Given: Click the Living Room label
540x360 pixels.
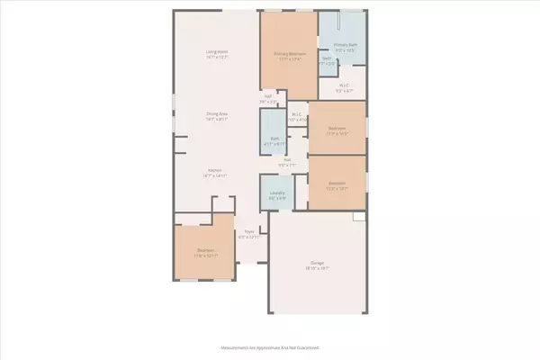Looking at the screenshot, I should pyautogui.click(x=217, y=54).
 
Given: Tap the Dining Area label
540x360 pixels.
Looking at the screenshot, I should pyautogui.click(x=217, y=114).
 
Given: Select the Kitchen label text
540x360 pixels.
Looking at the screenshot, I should pyautogui.click(x=216, y=169).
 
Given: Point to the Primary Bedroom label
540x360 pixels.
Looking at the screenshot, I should pyautogui.click(x=290, y=55).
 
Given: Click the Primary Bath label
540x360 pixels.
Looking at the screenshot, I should pyautogui.click(x=346, y=44).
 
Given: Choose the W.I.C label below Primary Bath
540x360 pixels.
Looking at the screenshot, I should pyautogui.click(x=343, y=86).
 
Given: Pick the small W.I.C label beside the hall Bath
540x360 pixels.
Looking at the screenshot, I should pyautogui.click(x=296, y=114).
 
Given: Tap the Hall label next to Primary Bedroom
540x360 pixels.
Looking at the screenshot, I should pyautogui.click(x=268, y=97).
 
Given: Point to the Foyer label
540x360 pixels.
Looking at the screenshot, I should pyautogui.click(x=251, y=232).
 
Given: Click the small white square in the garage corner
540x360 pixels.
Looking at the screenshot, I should pyautogui.click(x=359, y=217).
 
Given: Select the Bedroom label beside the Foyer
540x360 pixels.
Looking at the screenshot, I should pyautogui.click(x=205, y=253).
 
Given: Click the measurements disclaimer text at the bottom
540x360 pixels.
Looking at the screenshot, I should pyautogui.click(x=270, y=346).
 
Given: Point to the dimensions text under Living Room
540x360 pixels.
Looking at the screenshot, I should pyautogui.click(x=217, y=58).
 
